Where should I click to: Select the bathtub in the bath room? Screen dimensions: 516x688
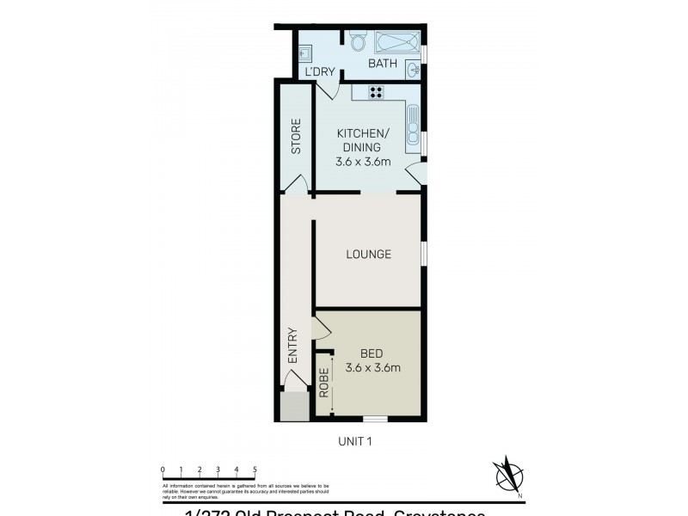pyautogui.click(x=395, y=43)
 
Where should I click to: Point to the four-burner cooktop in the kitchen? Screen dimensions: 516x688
pyautogui.click(x=378, y=92)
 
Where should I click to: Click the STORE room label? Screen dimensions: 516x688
pyautogui.click(x=295, y=136)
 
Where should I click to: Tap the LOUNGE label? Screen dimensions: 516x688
pyautogui.click(x=368, y=255)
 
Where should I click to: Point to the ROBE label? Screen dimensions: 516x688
pyautogui.click(x=324, y=383)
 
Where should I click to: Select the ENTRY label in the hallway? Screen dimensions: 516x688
pyautogui.click(x=292, y=345)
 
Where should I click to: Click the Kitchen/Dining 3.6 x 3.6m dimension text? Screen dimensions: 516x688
pyautogui.click(x=364, y=161)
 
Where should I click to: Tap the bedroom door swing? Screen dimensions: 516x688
pyautogui.click(x=321, y=328)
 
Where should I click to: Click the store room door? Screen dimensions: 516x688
pyautogui.click(x=298, y=184)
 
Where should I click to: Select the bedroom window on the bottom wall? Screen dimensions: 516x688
pyautogui.click(x=374, y=420)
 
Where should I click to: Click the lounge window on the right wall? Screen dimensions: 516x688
pyautogui.click(x=423, y=254)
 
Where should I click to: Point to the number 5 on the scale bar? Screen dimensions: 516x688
pyautogui.click(x=255, y=469)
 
